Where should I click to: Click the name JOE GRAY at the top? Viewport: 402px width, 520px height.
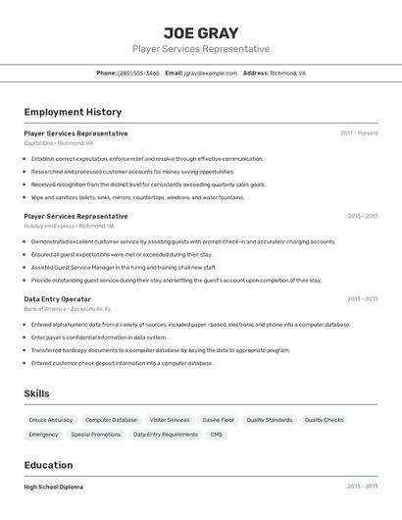(x=201, y=33)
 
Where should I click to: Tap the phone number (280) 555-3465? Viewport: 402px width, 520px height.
(x=138, y=73)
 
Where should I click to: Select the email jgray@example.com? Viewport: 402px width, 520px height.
(x=211, y=73)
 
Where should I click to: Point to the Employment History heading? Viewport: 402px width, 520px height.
(x=73, y=112)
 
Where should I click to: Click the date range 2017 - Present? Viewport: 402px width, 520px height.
(x=359, y=133)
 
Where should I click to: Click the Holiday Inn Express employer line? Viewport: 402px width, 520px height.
(x=69, y=226)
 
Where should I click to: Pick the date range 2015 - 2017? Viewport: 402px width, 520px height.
(x=362, y=216)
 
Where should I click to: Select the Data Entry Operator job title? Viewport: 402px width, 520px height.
(x=57, y=299)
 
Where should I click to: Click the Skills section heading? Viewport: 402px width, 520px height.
(x=36, y=393)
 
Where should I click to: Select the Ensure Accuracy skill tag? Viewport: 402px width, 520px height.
(x=51, y=420)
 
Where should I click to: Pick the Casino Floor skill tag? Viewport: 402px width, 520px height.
(x=218, y=420)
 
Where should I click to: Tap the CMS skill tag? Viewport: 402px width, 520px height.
(x=216, y=435)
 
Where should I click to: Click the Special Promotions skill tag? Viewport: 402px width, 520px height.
(x=96, y=435)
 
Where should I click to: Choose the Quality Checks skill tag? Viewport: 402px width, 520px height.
(x=324, y=420)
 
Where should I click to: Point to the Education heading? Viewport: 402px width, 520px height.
(x=48, y=465)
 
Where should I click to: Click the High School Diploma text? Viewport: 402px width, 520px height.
(x=53, y=487)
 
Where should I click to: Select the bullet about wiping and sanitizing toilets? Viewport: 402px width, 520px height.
(x=137, y=197)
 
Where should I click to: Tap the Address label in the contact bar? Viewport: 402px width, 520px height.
(x=255, y=73)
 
